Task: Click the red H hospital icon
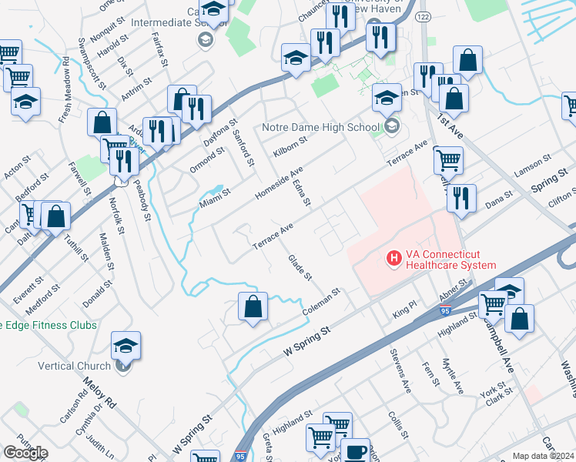point(393,257)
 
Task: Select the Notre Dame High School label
point(320,127)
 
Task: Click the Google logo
point(25,453)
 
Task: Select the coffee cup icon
point(355,451)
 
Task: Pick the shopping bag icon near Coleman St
point(253,307)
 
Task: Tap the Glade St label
point(300,267)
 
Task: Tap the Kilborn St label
point(290,146)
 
